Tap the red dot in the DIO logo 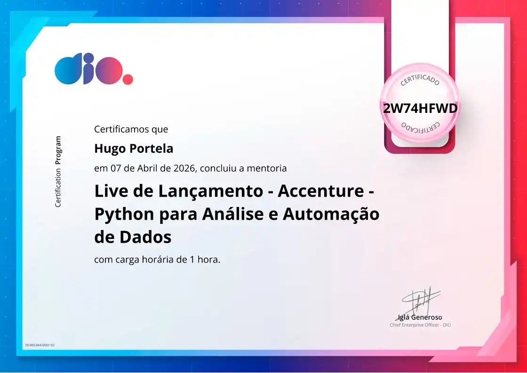tap(128, 79)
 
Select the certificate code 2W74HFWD tap(420, 108)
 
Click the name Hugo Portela tap(134, 149)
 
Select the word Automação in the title tap(331, 214)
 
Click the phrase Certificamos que tap(131, 129)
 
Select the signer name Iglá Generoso tap(420, 317)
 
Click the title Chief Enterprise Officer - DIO tap(420, 325)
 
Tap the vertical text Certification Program tap(58, 171)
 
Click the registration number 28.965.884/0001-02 tap(40, 345)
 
